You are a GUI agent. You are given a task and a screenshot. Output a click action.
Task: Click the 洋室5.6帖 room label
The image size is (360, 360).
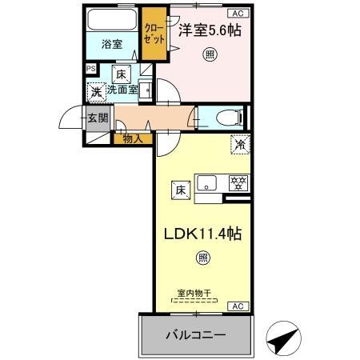tap(210, 30)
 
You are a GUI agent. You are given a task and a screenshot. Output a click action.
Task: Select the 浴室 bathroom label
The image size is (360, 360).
tap(111, 45)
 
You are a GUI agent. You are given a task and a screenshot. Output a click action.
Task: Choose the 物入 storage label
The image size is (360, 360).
tap(133, 139)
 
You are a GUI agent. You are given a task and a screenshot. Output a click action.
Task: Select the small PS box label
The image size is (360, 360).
tap(90, 70)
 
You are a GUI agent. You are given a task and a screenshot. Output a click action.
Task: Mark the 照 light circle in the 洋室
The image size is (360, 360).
tap(209, 54)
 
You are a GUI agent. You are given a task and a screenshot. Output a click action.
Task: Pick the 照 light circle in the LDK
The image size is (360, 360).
tap(202, 258)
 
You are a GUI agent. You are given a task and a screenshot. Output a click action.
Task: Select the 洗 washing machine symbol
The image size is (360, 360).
tap(96, 92)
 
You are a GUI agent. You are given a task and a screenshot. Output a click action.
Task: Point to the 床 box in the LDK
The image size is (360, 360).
tap(181, 190)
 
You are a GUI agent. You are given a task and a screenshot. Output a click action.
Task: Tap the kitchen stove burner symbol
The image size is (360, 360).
tap(237, 182)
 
